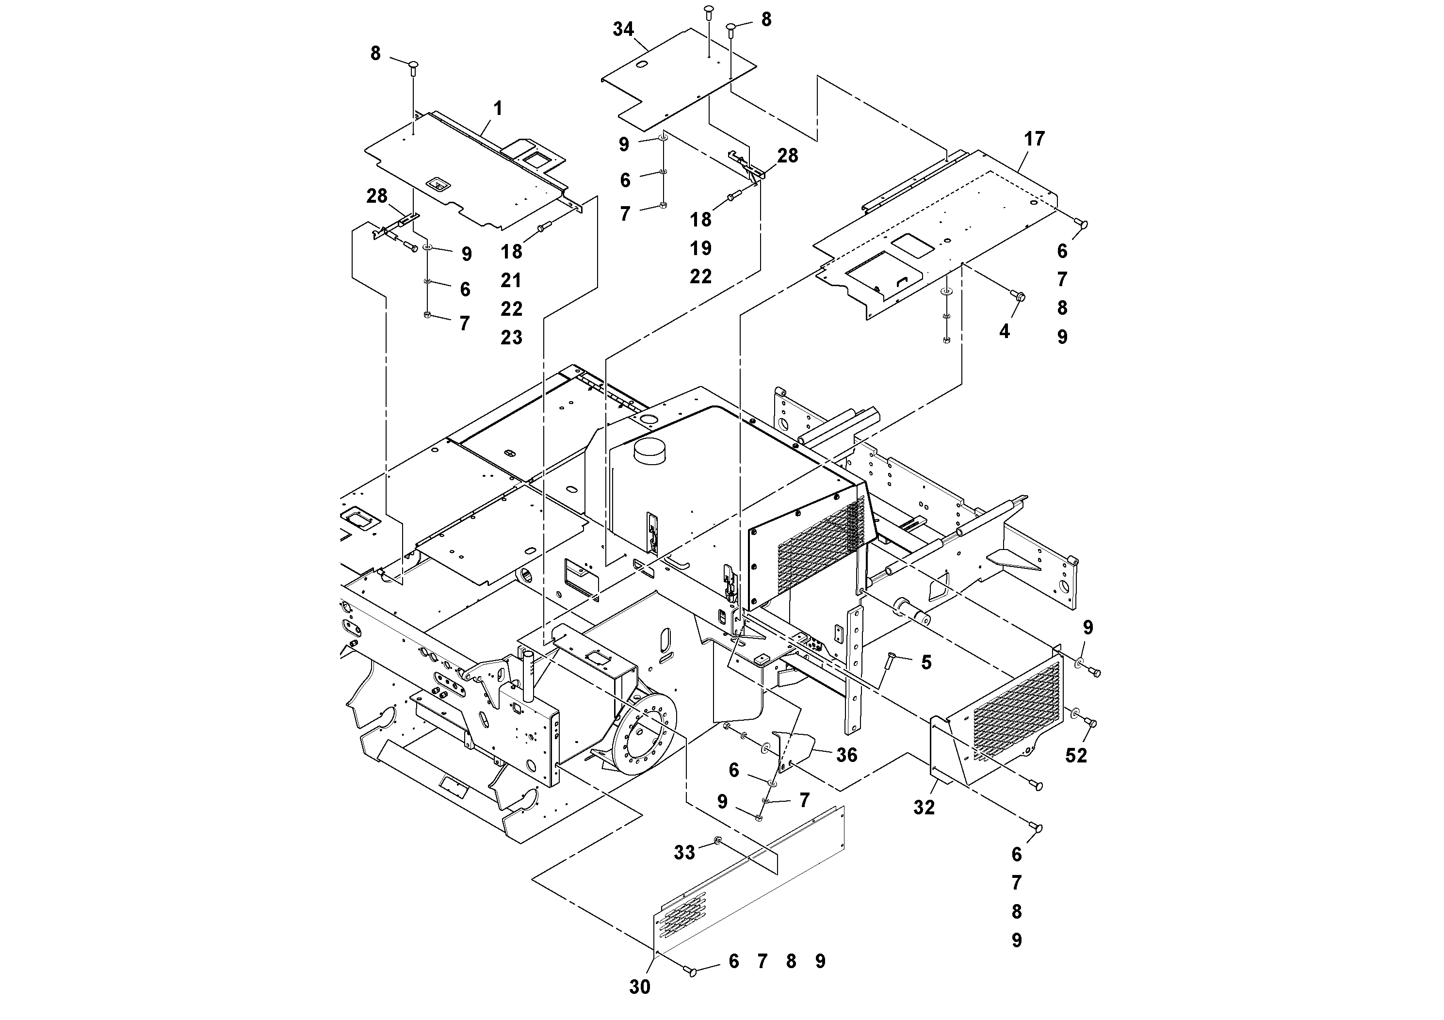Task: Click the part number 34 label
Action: tap(623, 30)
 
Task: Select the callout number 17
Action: tap(1034, 139)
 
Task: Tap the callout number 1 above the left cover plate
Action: tap(498, 109)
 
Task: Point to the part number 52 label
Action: tap(1076, 755)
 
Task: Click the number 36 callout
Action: tap(846, 755)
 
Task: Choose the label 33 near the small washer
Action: tap(684, 853)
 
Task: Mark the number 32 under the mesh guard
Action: tap(924, 808)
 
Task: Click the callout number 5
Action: tap(926, 662)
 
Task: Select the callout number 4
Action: tap(1005, 331)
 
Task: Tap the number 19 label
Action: tap(700, 248)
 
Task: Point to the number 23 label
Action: tap(511, 338)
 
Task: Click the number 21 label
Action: tap(511, 280)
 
